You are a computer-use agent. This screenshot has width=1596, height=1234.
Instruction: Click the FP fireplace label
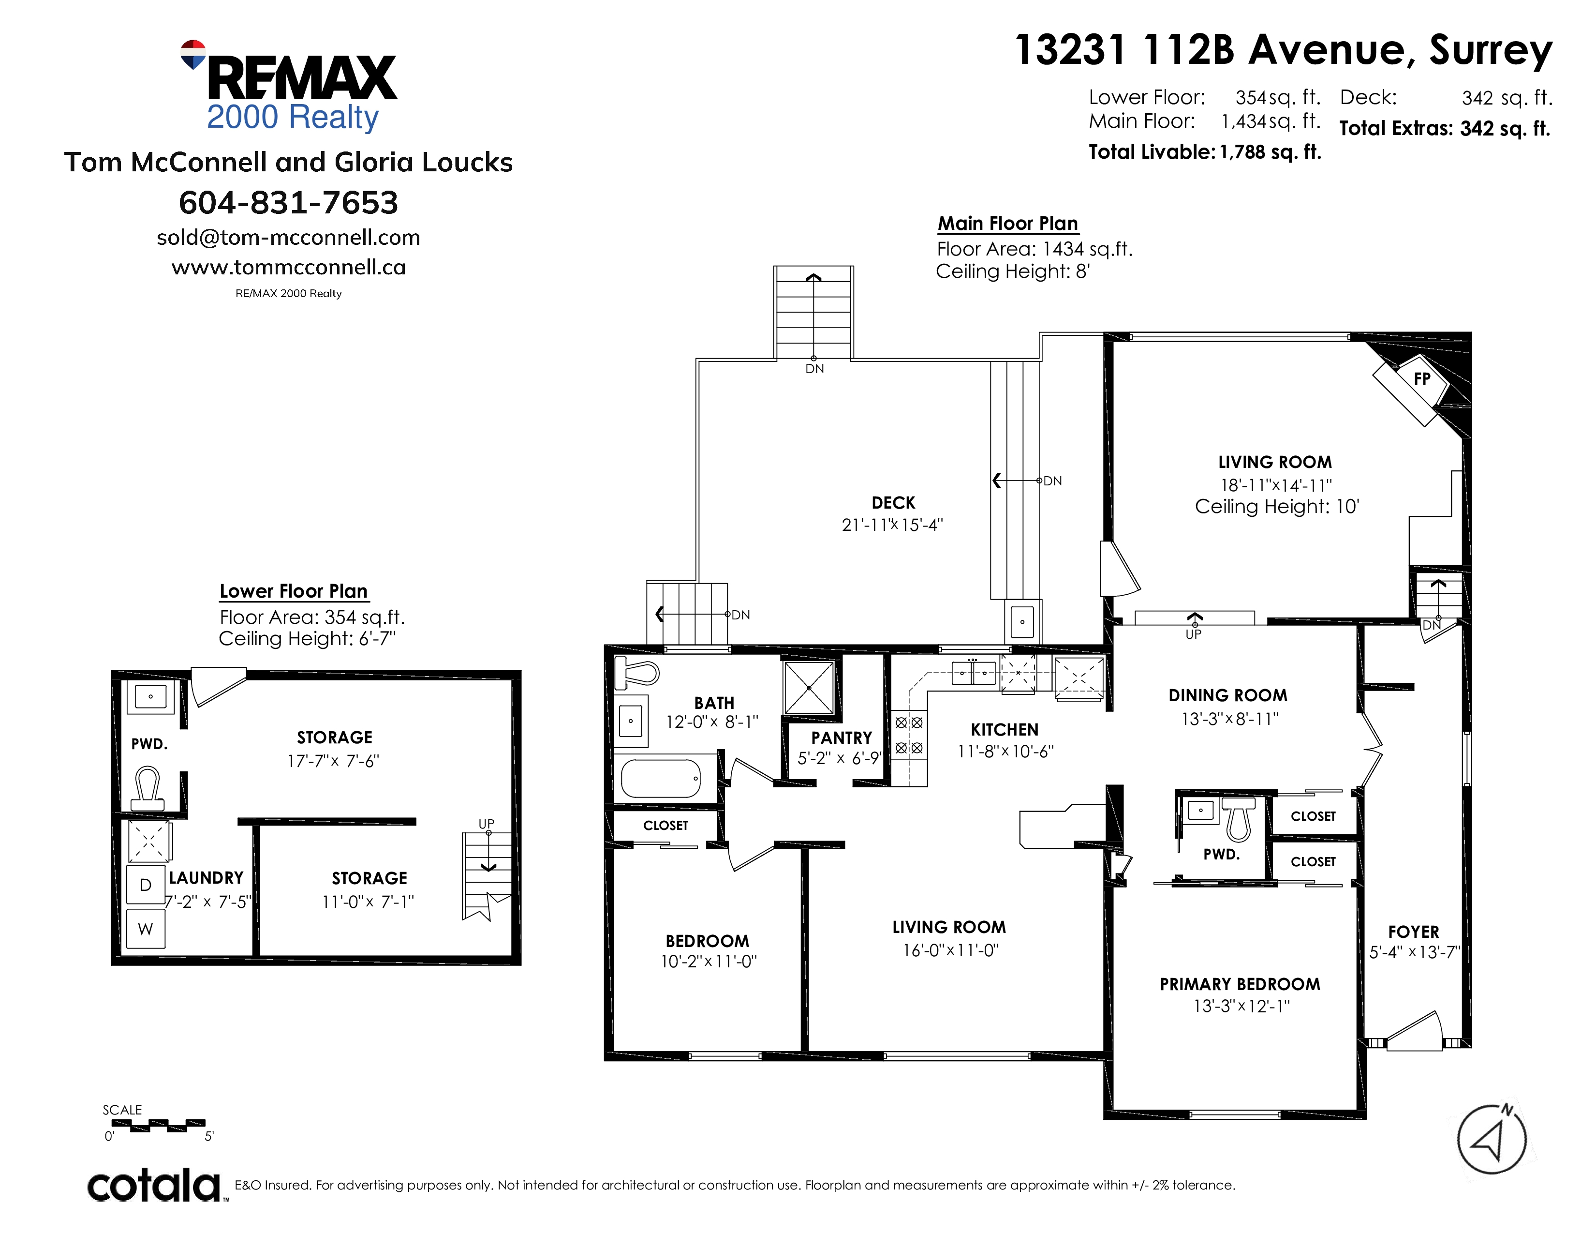[x=1421, y=379]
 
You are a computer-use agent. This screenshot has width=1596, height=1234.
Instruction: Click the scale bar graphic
[x=158, y=1125]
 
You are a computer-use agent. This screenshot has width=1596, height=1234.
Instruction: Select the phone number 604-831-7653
[x=289, y=202]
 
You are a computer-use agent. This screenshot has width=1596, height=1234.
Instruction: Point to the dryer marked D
[x=146, y=885]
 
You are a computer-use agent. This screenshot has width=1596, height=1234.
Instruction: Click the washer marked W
[x=146, y=929]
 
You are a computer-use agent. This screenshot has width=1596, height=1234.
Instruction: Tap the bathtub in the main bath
[x=661, y=779]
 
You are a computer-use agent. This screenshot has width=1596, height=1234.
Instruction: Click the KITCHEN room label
[x=1005, y=730]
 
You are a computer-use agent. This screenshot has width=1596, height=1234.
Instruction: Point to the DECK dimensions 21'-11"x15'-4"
[x=892, y=525]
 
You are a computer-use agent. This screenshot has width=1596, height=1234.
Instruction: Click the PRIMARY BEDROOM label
[x=1240, y=984]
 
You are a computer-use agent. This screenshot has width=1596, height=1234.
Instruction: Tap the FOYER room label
[x=1413, y=932]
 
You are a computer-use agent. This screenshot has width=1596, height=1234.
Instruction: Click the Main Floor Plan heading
[x=1008, y=223]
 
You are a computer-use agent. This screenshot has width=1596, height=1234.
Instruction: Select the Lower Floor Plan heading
[x=294, y=591]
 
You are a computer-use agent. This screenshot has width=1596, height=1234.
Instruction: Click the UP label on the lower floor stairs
[x=486, y=824]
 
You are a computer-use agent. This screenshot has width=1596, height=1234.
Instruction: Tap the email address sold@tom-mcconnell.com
[x=289, y=238]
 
